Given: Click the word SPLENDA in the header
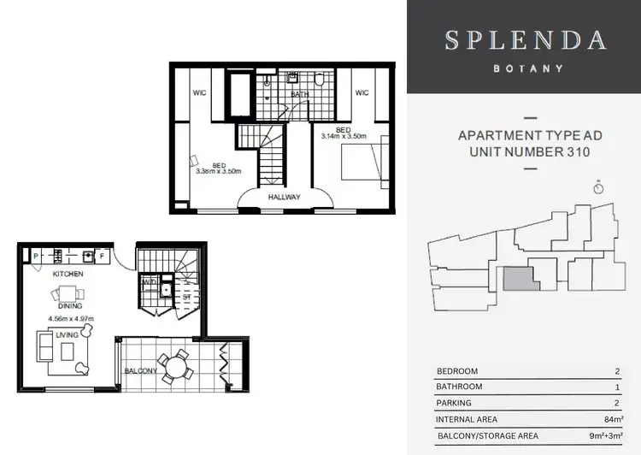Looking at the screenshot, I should (526, 40).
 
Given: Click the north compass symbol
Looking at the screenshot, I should (599, 186).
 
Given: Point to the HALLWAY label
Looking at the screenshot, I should (284, 197).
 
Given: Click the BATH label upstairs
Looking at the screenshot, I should (299, 94).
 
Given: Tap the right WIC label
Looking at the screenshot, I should (361, 92).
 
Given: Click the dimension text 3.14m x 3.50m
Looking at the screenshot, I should (344, 136).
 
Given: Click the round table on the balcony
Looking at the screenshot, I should (179, 369).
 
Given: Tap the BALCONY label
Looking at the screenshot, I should (139, 370).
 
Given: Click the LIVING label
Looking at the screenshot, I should (67, 334).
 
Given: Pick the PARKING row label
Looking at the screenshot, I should (454, 403).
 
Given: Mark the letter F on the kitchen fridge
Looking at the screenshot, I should (101, 255).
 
